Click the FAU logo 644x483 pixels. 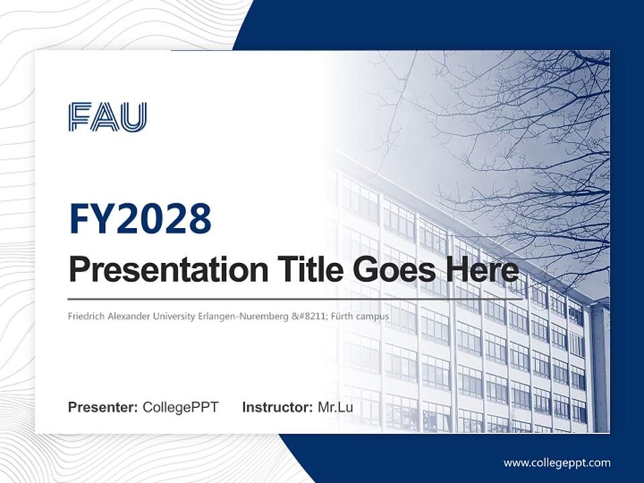click(x=107, y=117)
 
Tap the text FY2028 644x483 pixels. click(x=140, y=219)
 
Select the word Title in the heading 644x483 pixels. click(x=307, y=270)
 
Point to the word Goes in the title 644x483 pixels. click(x=392, y=270)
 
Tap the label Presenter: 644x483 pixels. click(x=103, y=407)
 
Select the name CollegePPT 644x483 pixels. click(x=180, y=407)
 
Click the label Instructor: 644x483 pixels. click(x=277, y=407)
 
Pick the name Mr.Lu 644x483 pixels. click(x=335, y=407)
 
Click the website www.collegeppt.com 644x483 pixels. click(x=557, y=462)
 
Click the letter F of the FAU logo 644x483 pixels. click(x=80, y=117)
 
